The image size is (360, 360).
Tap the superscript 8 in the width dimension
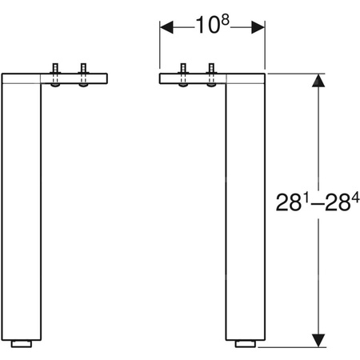tap(225, 20)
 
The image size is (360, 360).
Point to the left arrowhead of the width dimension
tap(166, 26)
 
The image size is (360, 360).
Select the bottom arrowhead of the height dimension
tap(318, 339)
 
